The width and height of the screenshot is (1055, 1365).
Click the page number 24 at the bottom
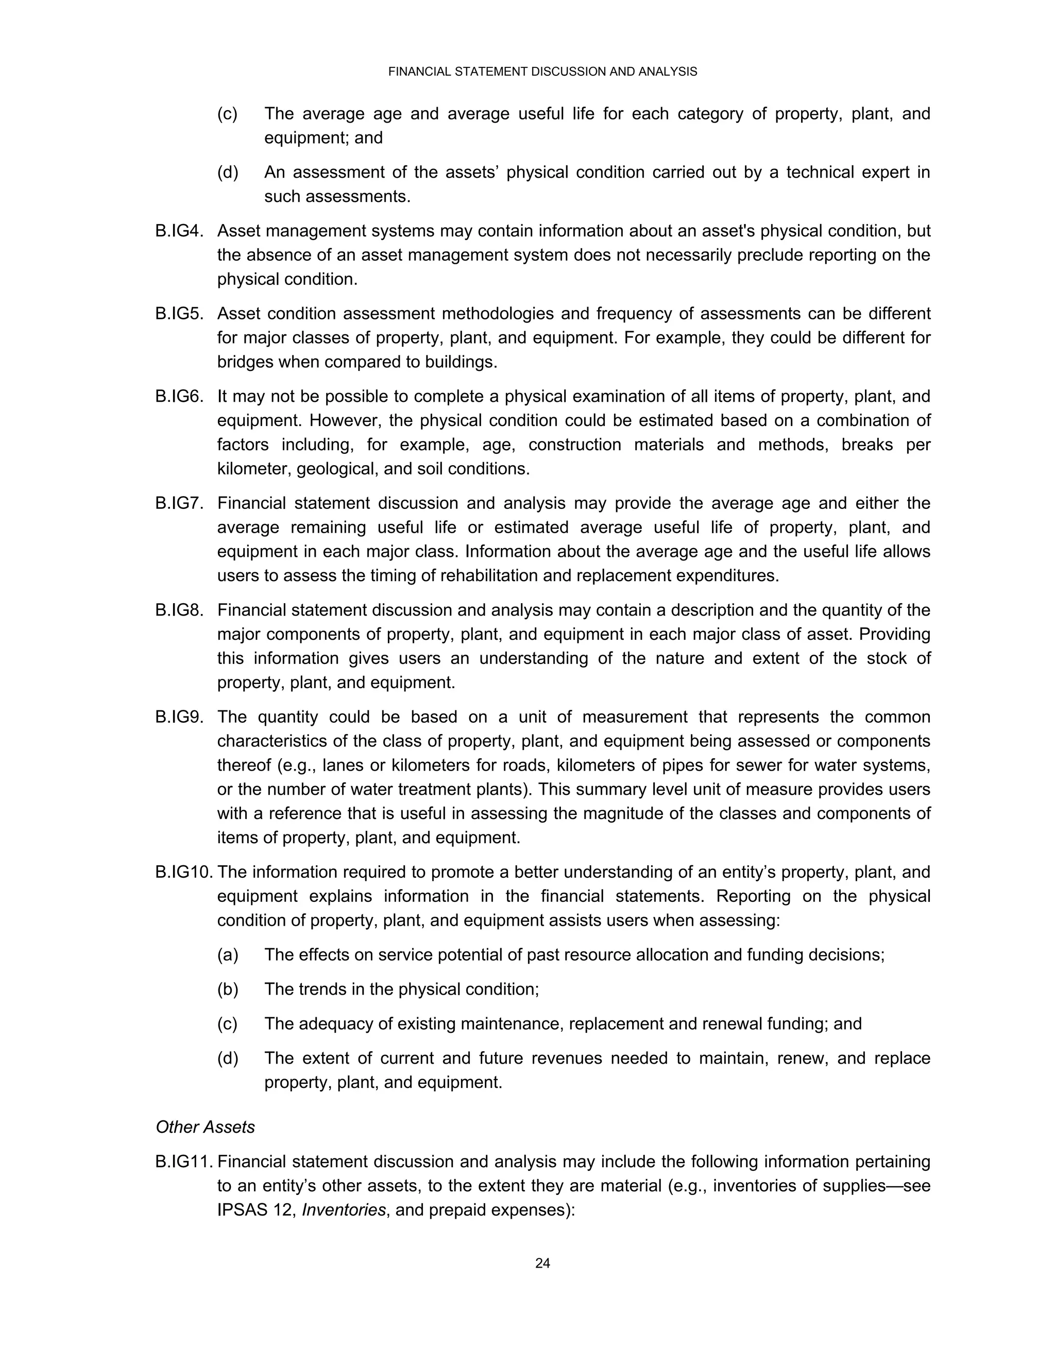point(542,1263)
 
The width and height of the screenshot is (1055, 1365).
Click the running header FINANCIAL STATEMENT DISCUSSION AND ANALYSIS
point(542,72)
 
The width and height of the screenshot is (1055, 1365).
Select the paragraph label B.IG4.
point(179,231)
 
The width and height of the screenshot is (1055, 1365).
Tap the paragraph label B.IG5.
point(179,314)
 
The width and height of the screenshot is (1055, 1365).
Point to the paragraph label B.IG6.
point(179,397)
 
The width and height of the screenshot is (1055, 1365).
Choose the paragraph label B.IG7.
point(179,503)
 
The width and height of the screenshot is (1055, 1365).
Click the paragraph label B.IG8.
point(179,610)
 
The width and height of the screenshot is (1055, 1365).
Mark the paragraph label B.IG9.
point(179,717)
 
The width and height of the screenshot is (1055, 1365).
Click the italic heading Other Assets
point(205,1127)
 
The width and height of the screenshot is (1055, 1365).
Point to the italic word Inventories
point(343,1210)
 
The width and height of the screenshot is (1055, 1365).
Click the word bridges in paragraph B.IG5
point(245,363)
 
